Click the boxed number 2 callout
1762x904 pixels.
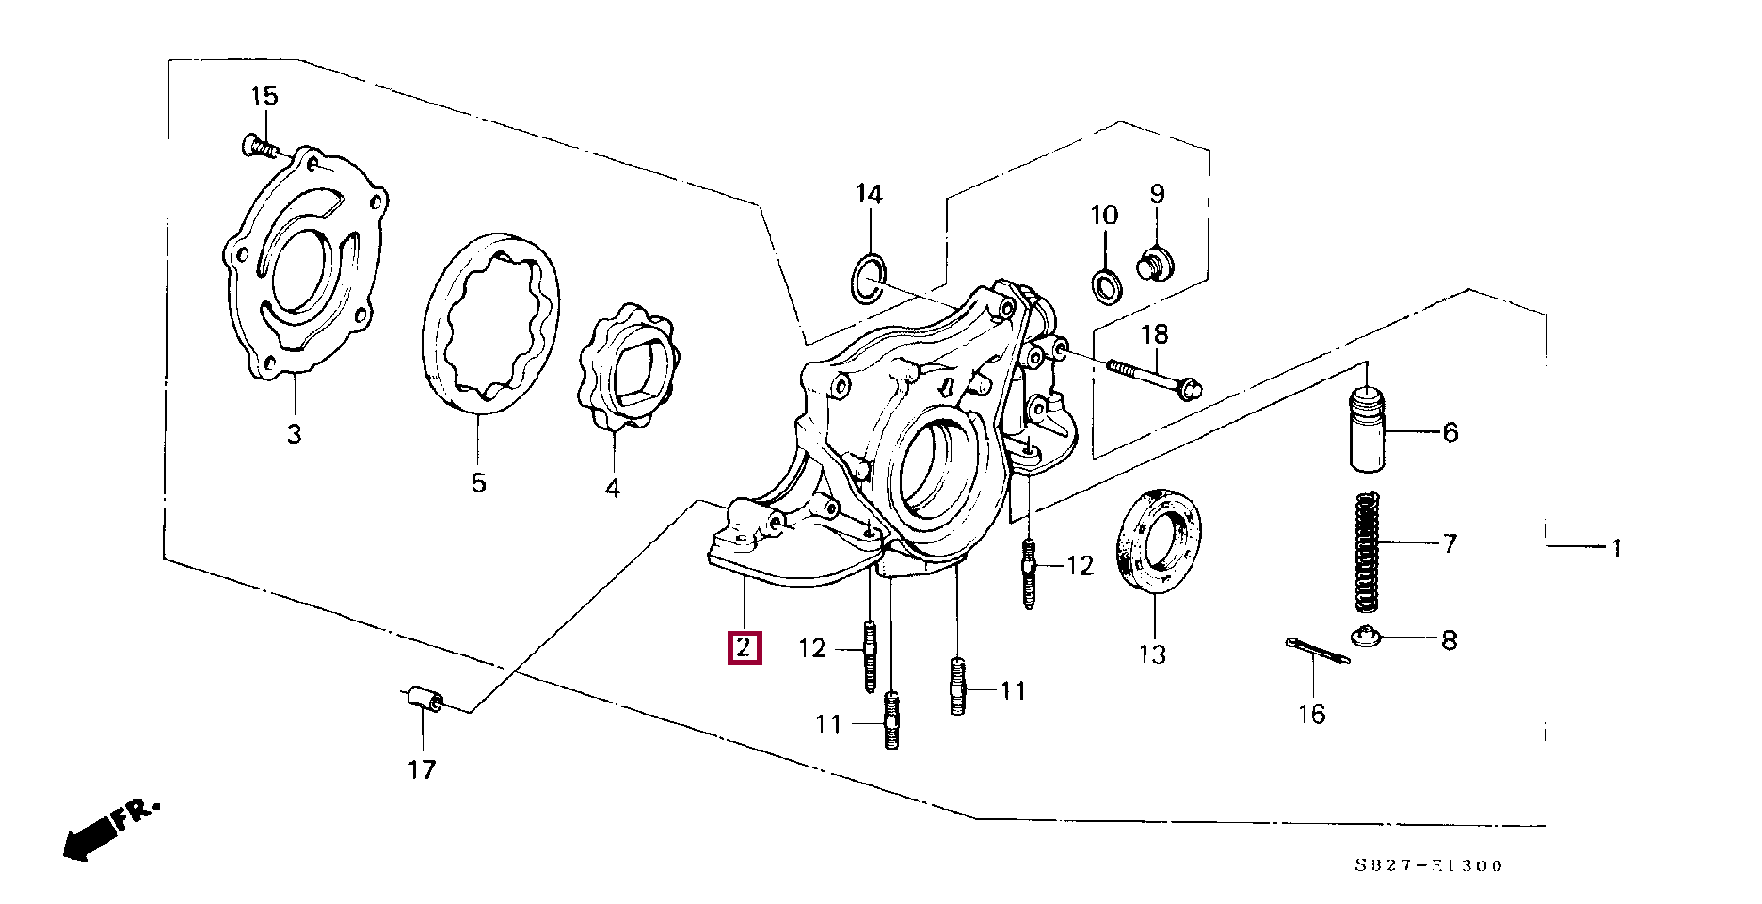tap(744, 649)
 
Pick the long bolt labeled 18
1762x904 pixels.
tap(1154, 376)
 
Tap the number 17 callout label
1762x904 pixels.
tap(422, 770)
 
